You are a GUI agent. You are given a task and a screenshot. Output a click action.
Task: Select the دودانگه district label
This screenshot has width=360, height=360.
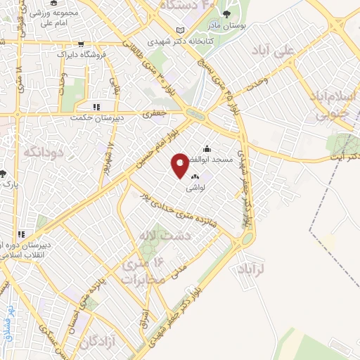[44, 151]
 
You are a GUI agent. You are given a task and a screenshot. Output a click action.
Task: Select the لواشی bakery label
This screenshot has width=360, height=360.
[195, 188]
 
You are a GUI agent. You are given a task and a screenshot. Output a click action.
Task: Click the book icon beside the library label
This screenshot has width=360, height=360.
[181, 30]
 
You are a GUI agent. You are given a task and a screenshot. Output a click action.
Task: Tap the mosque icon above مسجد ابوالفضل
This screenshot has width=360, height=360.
[207, 149]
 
